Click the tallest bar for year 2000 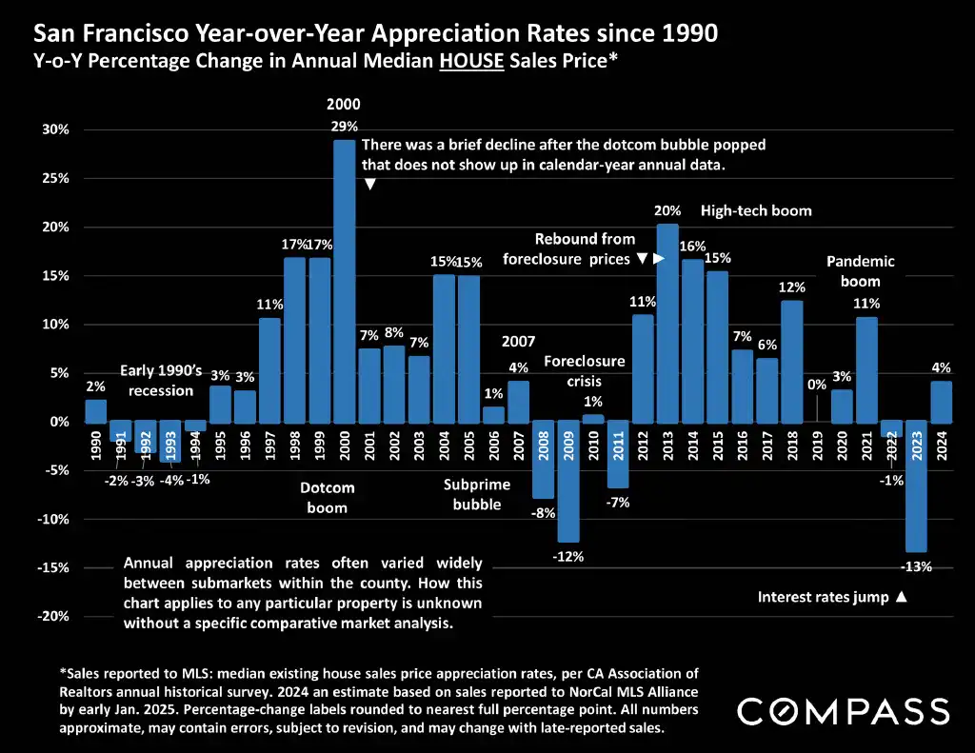[x=344, y=281]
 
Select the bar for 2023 [x=916, y=485]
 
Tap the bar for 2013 [x=667, y=323]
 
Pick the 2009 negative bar [x=568, y=481]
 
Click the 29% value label [x=344, y=126]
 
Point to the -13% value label [x=916, y=566]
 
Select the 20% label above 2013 [x=667, y=211]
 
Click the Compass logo [x=844, y=711]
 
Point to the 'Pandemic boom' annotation [x=860, y=271]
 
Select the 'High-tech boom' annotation [x=756, y=210]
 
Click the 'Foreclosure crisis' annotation [x=585, y=371]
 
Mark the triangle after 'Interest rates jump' [x=901, y=598]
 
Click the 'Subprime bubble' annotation [x=477, y=495]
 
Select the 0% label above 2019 [x=816, y=386]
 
